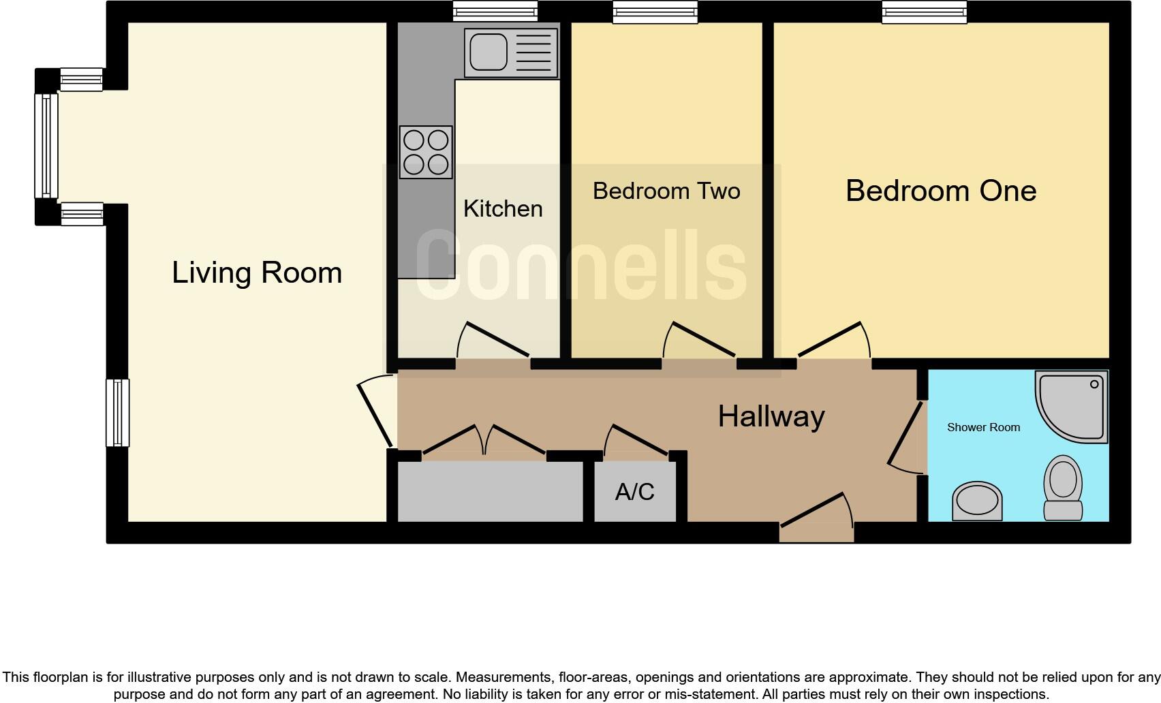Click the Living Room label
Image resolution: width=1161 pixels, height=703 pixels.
click(x=256, y=272)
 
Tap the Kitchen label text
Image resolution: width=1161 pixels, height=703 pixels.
click(x=503, y=208)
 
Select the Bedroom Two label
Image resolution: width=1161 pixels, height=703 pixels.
click(x=666, y=191)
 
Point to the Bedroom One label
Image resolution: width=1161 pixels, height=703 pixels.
click(x=941, y=191)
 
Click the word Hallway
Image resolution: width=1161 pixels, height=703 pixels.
click(x=771, y=416)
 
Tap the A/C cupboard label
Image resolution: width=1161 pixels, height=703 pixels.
click(x=634, y=491)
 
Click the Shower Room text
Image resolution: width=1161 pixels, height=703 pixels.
click(x=983, y=428)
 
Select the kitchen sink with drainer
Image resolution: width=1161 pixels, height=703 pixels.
click(x=510, y=52)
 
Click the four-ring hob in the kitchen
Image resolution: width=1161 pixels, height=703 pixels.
click(x=426, y=152)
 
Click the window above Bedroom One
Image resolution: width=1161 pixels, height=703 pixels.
click(x=924, y=12)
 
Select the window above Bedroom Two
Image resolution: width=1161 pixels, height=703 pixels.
click(x=655, y=12)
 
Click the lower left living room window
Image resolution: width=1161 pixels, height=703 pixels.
click(x=117, y=413)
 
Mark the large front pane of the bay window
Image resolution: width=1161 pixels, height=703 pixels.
click(x=46, y=145)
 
